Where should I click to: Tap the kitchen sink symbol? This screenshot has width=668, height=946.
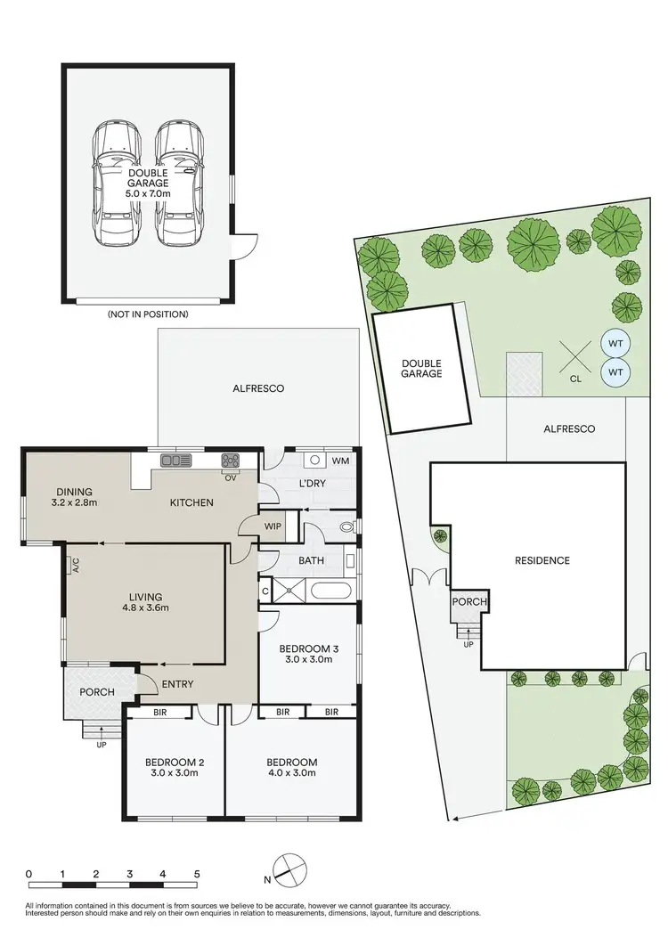pyautogui.click(x=175, y=460)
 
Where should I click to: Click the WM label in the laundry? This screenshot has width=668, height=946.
pyautogui.click(x=340, y=461)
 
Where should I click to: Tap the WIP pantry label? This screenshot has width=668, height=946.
pyautogui.click(x=273, y=526)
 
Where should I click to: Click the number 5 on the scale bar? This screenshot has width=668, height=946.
pyautogui.click(x=195, y=873)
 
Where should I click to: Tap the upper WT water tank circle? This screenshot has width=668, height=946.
pyautogui.click(x=614, y=342)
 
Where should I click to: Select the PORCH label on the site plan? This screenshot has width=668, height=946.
pyautogui.click(x=469, y=602)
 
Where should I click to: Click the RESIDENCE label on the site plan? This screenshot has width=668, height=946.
pyautogui.click(x=542, y=560)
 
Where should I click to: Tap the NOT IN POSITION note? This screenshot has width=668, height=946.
pyautogui.click(x=147, y=314)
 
